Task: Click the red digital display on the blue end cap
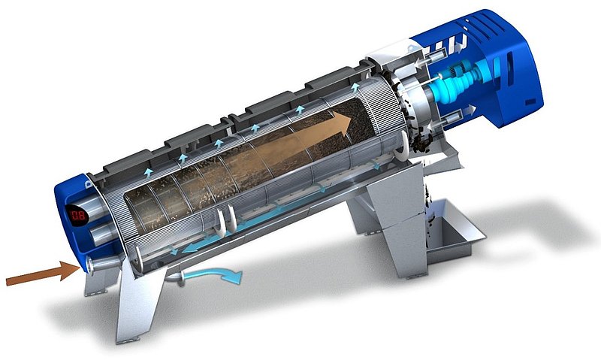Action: click(x=74, y=216)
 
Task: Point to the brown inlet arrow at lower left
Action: click(x=41, y=274)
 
